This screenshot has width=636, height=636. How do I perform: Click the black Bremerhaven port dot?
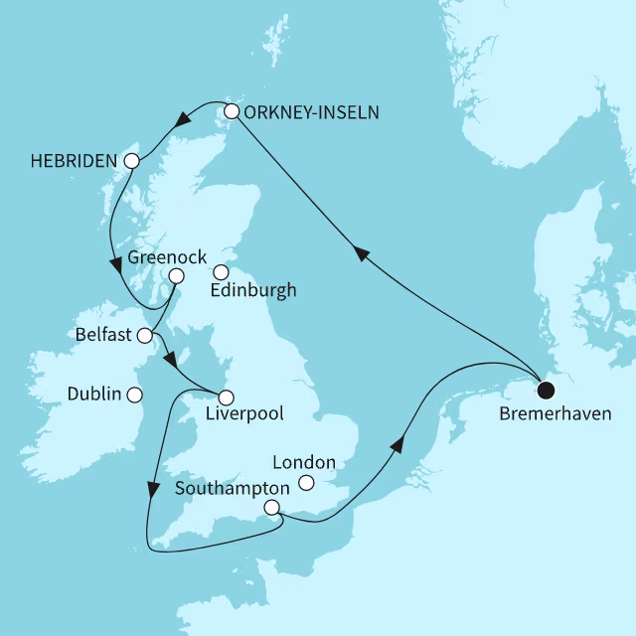545,388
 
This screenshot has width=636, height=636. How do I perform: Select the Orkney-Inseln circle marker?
232,111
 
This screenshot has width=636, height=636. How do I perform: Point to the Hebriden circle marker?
130,160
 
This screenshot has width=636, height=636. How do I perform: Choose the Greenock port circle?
176,276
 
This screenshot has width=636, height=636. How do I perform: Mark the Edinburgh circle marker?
222,272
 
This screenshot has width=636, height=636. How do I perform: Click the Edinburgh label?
254,291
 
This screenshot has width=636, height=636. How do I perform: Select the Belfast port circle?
145,335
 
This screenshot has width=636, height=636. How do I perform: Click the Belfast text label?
103,335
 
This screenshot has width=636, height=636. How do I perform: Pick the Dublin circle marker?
134,395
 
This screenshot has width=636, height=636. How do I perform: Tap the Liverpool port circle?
227,397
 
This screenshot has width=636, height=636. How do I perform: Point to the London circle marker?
307,483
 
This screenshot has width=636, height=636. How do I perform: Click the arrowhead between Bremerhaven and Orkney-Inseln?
363,255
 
